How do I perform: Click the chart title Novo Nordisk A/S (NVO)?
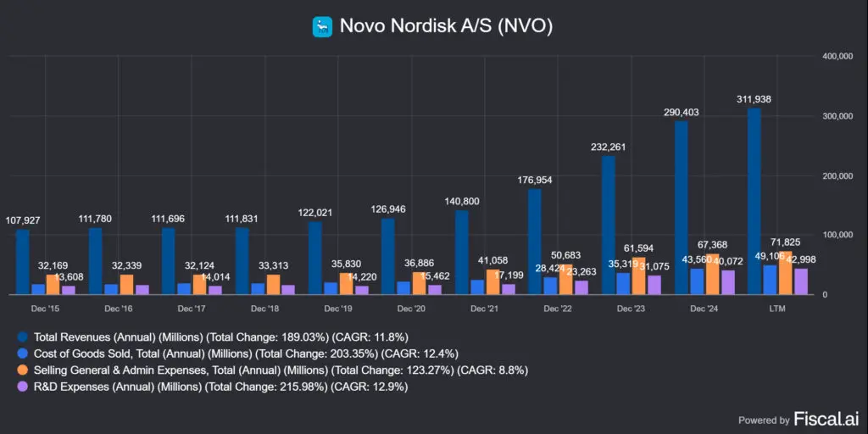446,26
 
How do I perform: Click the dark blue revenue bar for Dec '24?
681,208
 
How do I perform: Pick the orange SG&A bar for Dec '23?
637,275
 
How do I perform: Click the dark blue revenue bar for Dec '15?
22,262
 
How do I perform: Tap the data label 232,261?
608,147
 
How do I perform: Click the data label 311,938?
754,99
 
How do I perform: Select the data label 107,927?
23,220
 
